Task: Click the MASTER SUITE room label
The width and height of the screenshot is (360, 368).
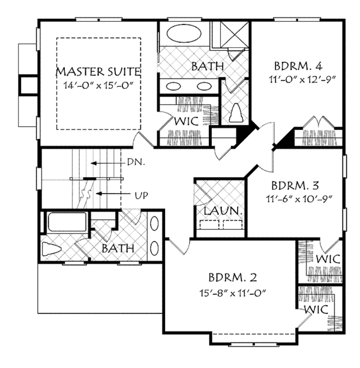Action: pos(98,71)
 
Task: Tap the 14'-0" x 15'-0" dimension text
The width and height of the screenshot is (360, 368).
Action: pos(98,85)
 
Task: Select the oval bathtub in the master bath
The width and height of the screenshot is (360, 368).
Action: pos(184,34)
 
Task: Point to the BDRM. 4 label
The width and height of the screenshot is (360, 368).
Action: pos(298,66)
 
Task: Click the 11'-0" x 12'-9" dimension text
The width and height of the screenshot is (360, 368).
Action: pos(302,80)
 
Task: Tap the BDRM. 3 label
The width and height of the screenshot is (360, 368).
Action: pos(295,186)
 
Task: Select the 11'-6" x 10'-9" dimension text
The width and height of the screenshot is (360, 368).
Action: pos(299,199)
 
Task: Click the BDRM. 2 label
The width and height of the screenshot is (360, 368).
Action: pos(233,277)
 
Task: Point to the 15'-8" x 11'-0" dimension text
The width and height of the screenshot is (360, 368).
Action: pos(233,292)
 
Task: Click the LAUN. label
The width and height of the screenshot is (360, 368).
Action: pos(223,211)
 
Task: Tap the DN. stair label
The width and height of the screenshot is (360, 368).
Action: pos(136,162)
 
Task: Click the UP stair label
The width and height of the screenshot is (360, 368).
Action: pos(142,195)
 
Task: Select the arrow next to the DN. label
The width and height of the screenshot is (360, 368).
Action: pos(107,163)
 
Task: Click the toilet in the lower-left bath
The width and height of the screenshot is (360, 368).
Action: pos(51,249)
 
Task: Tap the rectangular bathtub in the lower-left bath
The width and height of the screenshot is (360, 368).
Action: pos(67,222)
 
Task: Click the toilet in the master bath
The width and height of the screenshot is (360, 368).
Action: pos(236,113)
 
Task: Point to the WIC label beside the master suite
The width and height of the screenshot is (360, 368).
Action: pos(187,121)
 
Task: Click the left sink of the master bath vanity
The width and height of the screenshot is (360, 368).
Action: pos(173,86)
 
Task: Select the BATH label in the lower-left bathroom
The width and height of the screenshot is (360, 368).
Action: pos(118,249)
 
